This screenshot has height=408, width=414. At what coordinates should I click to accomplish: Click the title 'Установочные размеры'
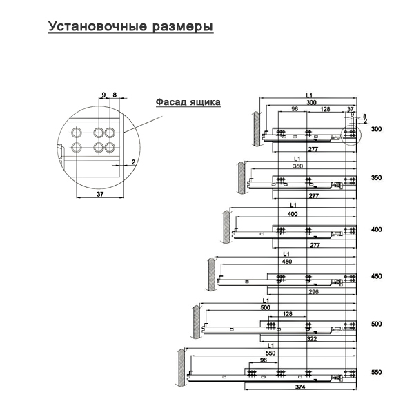(x=130, y=27)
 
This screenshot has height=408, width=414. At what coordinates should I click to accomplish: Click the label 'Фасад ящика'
(x=188, y=102)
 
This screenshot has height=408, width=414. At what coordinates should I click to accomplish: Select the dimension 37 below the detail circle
(x=100, y=194)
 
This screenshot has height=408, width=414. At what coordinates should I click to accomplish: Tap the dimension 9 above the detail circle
(x=103, y=95)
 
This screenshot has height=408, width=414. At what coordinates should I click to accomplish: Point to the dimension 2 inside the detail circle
(x=133, y=162)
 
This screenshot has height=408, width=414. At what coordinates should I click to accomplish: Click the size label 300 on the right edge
(x=377, y=129)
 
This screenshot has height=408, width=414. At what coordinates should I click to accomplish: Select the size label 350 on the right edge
(x=377, y=178)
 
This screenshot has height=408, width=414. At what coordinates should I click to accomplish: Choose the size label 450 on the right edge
(x=377, y=276)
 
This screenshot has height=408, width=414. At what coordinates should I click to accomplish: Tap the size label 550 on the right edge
(x=377, y=372)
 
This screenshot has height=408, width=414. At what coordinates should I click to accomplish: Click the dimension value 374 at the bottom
(x=300, y=387)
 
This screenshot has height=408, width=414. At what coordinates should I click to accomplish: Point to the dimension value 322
(x=312, y=339)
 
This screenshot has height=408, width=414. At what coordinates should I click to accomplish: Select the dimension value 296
(x=313, y=292)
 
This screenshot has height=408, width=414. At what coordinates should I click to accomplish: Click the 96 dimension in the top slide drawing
(x=295, y=109)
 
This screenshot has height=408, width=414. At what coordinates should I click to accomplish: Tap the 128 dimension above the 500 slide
(x=288, y=314)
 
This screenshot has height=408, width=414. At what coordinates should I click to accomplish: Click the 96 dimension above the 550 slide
(x=264, y=360)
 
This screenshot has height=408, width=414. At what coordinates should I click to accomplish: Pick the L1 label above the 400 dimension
(x=293, y=205)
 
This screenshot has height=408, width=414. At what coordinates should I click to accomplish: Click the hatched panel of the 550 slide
(x=181, y=367)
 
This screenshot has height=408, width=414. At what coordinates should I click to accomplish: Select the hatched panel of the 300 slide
(x=257, y=128)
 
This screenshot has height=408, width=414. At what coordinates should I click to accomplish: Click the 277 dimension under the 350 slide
(x=314, y=196)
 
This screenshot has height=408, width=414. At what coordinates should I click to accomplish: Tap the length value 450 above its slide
(x=287, y=262)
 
